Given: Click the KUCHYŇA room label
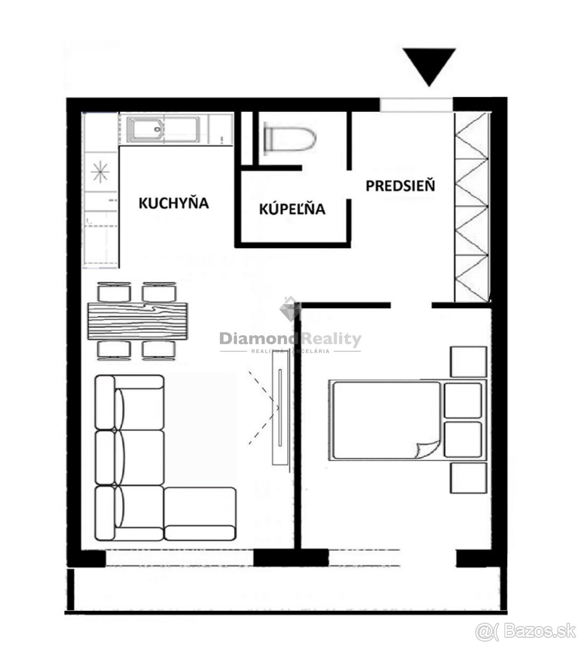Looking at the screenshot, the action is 174,203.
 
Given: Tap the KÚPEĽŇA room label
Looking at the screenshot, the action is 292,209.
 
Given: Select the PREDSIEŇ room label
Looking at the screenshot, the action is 400,185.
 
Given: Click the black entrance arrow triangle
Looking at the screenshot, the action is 429,67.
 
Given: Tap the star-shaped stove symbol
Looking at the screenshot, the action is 100,171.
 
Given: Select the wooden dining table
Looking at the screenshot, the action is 137,321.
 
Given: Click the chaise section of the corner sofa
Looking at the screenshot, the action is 200,514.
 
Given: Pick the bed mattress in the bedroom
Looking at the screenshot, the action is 386,420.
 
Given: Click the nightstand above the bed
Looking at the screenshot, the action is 468,362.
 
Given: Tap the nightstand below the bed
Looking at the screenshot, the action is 468,478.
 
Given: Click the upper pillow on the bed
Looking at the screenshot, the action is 463,401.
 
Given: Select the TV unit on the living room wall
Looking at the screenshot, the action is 280,408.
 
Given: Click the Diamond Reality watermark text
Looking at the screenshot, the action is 290,339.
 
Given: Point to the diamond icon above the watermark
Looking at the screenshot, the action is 290,309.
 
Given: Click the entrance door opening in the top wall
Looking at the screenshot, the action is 416,105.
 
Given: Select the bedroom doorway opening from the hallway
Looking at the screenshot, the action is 411,305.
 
